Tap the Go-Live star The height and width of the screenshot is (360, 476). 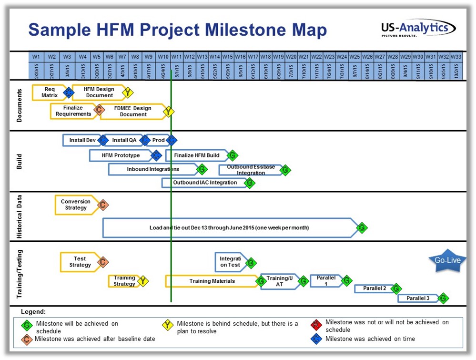(447, 260)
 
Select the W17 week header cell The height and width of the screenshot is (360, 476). (253, 56)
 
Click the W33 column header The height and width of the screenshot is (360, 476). (456, 56)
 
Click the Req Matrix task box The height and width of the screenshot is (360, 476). (49, 92)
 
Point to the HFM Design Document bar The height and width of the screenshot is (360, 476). (98, 92)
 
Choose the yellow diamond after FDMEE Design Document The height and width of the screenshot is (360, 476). (169, 112)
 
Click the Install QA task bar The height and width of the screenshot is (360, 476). (123, 140)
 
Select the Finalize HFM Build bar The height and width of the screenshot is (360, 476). (196, 155)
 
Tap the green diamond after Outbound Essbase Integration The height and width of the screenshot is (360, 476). (285, 170)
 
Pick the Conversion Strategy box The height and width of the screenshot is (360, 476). (76, 205)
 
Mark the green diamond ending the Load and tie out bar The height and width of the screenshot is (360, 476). (362, 228)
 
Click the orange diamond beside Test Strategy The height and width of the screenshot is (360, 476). (103, 262)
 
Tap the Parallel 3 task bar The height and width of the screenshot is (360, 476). (418, 298)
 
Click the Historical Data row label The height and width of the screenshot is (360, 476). (20, 217)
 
